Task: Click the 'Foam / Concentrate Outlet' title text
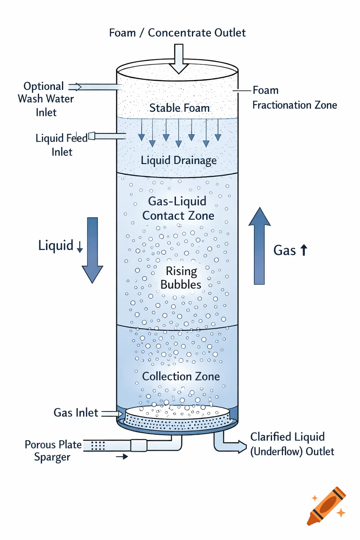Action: (177, 33)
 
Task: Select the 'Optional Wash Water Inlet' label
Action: (46, 99)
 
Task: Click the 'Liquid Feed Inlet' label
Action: (62, 144)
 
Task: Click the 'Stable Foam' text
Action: (179, 108)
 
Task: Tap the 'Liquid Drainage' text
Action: (179, 160)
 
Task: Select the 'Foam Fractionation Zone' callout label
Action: (294, 98)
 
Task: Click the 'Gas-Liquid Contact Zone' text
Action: (178, 208)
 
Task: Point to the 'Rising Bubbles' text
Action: (181, 278)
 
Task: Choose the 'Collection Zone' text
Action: (181, 377)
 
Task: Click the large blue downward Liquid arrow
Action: (92, 250)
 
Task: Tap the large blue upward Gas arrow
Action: (259, 246)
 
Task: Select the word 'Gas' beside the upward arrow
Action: (284, 250)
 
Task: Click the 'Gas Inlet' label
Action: (76, 413)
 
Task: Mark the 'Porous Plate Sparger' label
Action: (53, 451)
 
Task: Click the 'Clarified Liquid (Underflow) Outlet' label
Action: (292, 444)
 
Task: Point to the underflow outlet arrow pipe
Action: (230, 446)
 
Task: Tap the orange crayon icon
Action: (327, 506)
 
